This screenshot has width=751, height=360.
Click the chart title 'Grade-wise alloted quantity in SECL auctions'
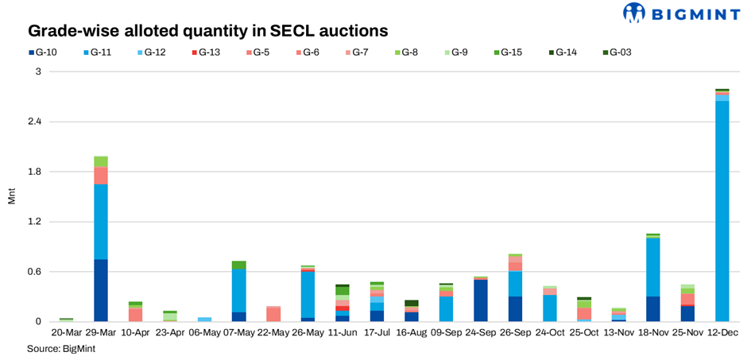(208, 31)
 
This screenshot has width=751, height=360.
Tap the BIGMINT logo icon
(634, 13)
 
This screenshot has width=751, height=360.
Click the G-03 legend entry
(616, 52)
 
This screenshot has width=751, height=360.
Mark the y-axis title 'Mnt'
(11, 196)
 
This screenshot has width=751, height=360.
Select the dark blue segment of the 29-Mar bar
(101, 290)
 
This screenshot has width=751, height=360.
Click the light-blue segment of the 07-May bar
(238, 291)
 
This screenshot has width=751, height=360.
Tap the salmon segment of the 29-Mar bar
(101, 176)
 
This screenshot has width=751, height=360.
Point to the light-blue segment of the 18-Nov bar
(653, 267)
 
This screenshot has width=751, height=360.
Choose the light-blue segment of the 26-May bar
(308, 294)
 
